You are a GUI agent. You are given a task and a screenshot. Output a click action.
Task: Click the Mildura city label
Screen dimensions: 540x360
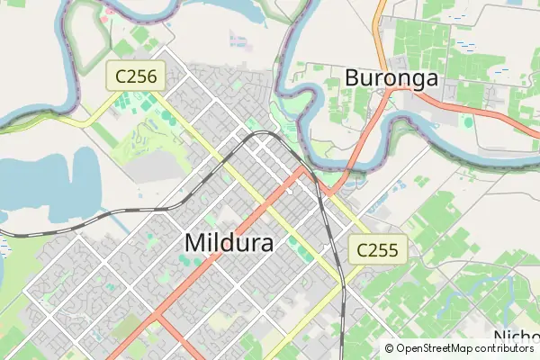pyautogui.click(x=232, y=241)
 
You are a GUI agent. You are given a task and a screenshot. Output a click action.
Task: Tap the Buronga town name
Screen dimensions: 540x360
pyautogui.click(x=391, y=78)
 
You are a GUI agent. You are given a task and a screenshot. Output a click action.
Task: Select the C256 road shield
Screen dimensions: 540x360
pyautogui.click(x=136, y=76)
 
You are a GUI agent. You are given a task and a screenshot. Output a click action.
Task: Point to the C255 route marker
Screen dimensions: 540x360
pyautogui.click(x=378, y=249)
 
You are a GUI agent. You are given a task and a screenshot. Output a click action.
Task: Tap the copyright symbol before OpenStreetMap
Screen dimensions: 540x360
pyautogui.click(x=390, y=348)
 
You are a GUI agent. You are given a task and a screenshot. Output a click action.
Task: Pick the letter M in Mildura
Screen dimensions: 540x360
pyautogui.click(x=195, y=241)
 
